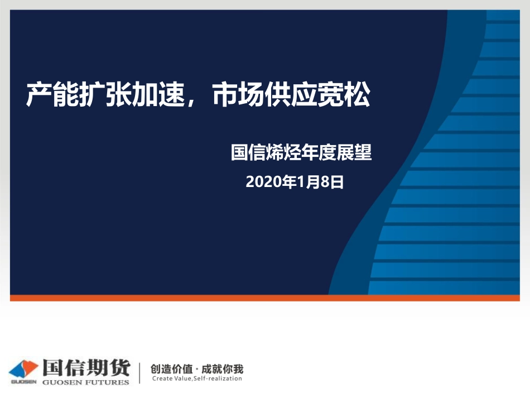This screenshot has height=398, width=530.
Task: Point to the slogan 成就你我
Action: (x=222, y=368)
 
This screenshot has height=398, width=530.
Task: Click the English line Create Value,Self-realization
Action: (x=197, y=378)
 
